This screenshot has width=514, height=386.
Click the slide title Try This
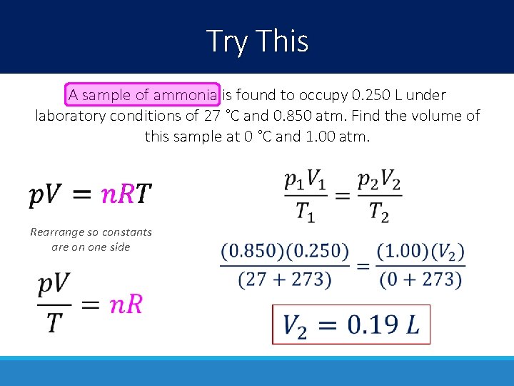(x=257, y=41)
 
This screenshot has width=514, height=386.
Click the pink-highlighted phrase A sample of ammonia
(x=143, y=94)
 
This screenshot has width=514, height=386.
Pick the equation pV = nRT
(x=90, y=194)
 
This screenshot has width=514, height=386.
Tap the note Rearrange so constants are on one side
(x=91, y=239)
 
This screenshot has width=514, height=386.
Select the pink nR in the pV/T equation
(x=126, y=305)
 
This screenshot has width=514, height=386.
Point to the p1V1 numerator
(x=305, y=181)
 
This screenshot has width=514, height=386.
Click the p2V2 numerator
(x=379, y=181)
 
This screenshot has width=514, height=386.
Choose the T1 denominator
(x=305, y=212)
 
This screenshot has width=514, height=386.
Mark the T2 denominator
(x=379, y=212)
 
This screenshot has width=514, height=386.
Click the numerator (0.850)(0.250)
(x=285, y=252)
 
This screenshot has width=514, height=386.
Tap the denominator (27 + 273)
(x=285, y=279)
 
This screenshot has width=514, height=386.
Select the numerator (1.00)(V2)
(x=422, y=252)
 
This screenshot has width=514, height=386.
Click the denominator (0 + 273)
(x=422, y=279)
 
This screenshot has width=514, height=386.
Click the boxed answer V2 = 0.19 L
(x=351, y=325)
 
